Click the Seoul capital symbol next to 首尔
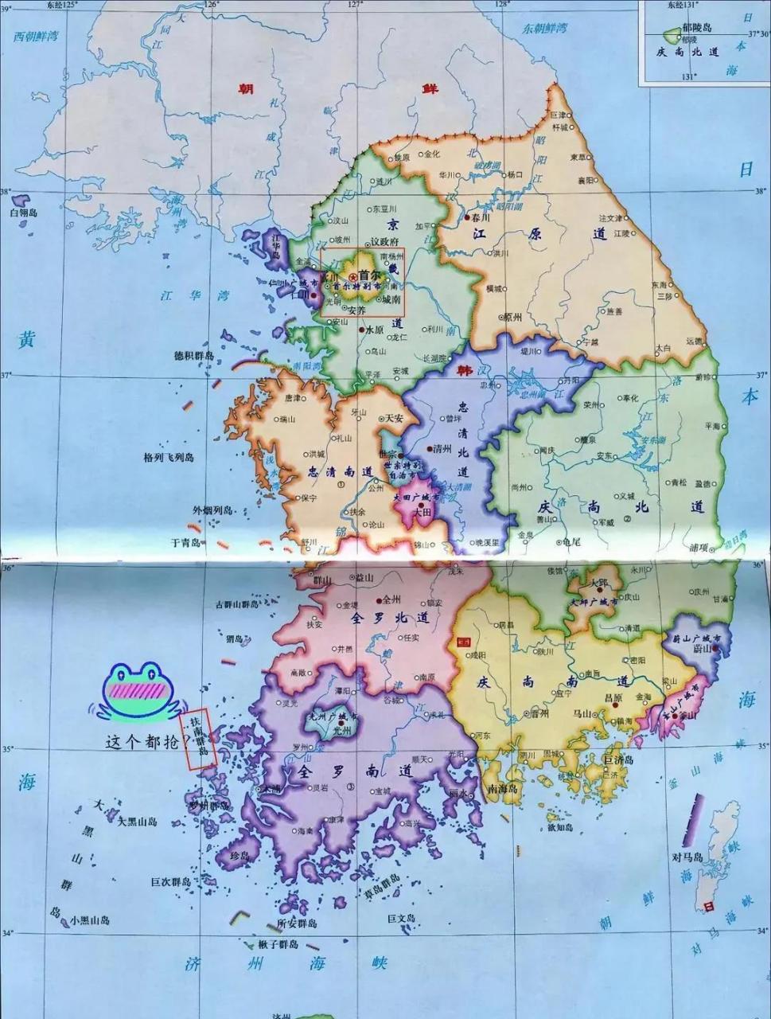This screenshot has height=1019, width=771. (x=352, y=275)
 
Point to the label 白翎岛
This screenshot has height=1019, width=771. (x=24, y=213)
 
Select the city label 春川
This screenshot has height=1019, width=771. (x=481, y=217)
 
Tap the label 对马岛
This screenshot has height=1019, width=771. (x=687, y=857)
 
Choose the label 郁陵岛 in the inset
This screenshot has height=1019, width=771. (x=695, y=28)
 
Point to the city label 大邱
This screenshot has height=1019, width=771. (x=598, y=584)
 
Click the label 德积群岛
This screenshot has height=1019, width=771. (x=194, y=356)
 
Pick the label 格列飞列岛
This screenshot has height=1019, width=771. (x=169, y=458)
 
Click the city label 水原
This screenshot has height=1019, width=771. (x=375, y=329)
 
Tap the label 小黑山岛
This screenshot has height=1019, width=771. (x=90, y=920)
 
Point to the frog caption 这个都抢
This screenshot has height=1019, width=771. (x=143, y=741)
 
